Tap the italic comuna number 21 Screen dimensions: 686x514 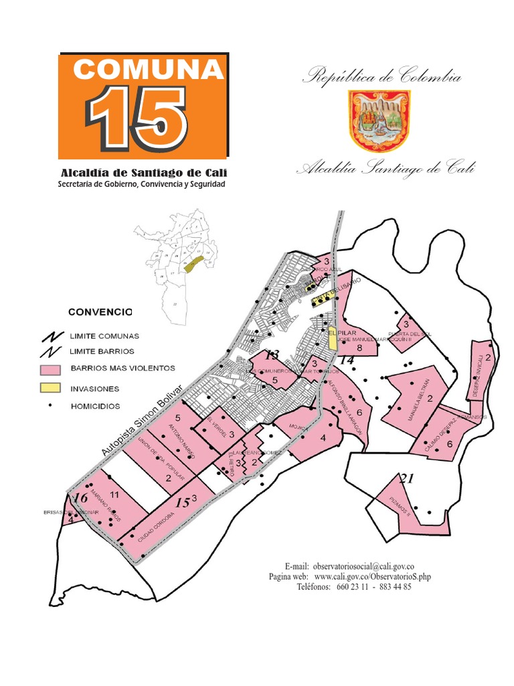click(x=406, y=478)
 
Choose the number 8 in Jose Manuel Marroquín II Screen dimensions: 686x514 click(x=359, y=348)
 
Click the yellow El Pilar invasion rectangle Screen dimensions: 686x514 click(x=333, y=340)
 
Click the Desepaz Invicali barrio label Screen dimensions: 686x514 click(x=478, y=380)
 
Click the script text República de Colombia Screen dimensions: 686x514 click(x=381, y=76)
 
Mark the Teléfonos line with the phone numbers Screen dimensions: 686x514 click(x=353, y=587)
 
